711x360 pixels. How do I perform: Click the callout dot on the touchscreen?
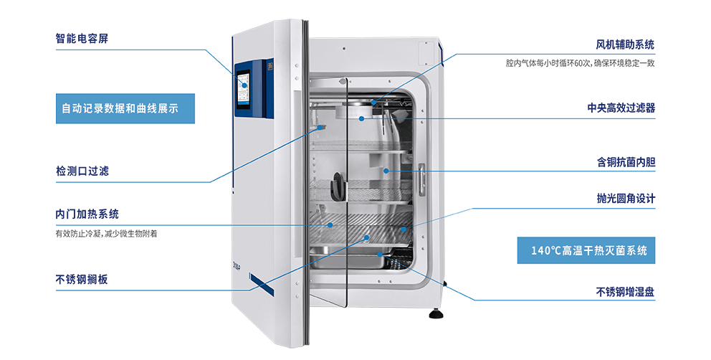pyautogui.click(x=244, y=85)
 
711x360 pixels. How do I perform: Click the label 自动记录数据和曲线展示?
pyautogui.click(x=120, y=110)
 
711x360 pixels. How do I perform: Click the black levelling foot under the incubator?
pyautogui.click(x=435, y=313)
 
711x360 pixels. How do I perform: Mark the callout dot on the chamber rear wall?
pyautogui.click(x=386, y=171)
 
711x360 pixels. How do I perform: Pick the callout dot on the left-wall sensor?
pyautogui.click(x=320, y=127)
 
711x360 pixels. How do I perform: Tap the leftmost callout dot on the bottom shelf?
pyautogui.click(x=330, y=224)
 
